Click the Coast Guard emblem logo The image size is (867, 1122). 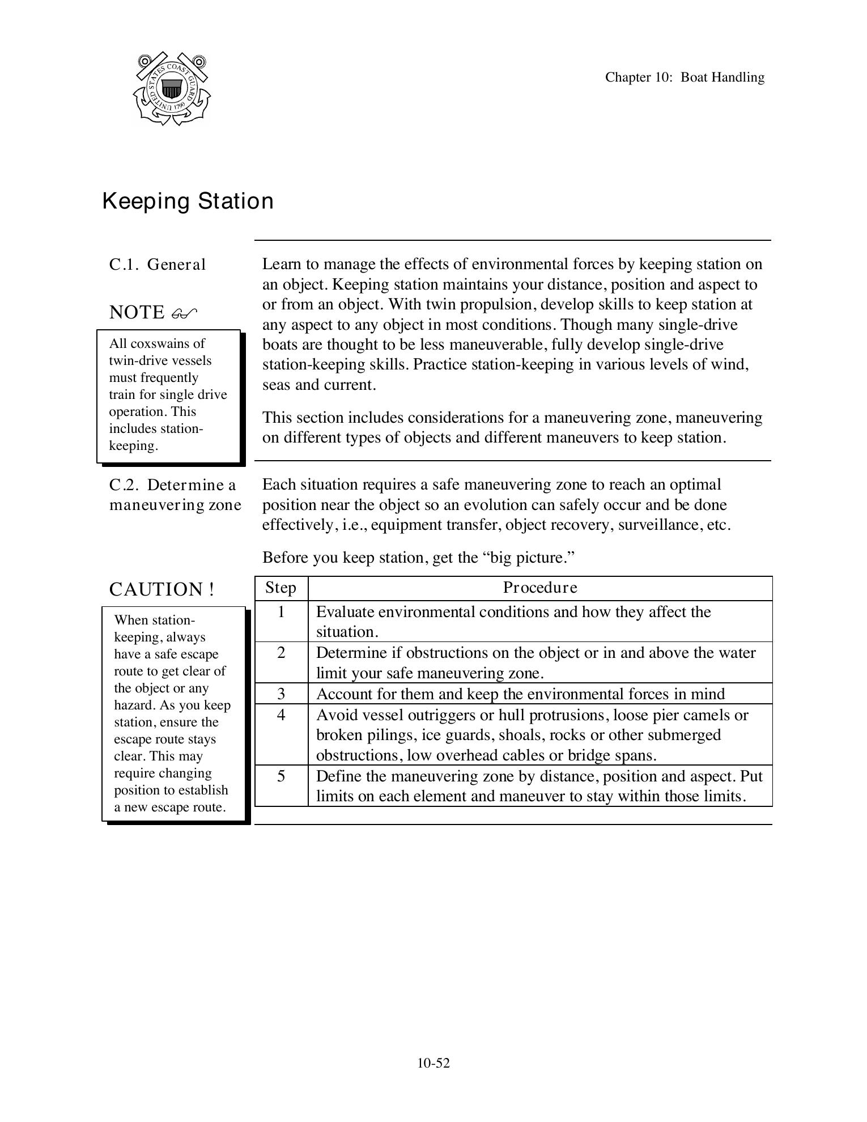171,89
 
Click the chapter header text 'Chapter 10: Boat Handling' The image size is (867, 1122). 684,77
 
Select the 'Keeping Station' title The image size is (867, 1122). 188,201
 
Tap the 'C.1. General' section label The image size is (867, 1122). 158,265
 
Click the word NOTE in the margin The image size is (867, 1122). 137,312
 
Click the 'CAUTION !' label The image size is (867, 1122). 161,589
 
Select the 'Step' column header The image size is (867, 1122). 280,588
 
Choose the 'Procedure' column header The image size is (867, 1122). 540,588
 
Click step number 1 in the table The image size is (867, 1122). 280,612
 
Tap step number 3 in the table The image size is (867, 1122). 280,694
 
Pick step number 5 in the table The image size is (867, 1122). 280,776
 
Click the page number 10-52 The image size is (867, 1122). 433,1063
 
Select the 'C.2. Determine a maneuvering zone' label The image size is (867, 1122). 175,495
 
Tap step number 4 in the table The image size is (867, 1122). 280,715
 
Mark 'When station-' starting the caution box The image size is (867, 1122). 154,620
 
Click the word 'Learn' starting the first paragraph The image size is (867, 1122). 280,264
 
